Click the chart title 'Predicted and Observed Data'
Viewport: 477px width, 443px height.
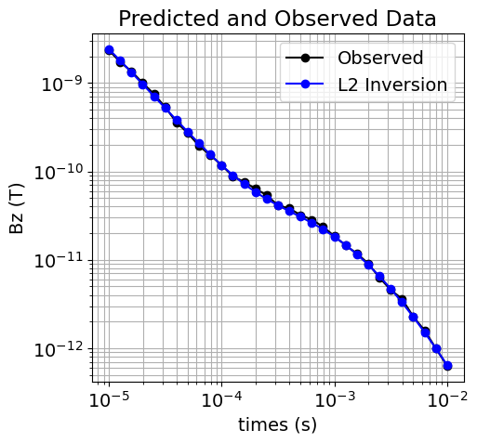[277, 19]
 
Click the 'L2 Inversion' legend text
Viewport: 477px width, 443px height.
[392, 86]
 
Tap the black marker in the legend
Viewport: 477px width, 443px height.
[305, 58]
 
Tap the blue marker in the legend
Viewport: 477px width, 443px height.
[305, 86]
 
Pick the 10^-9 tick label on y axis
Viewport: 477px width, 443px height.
[61, 84]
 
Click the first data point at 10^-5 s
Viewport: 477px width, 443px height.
[109, 50]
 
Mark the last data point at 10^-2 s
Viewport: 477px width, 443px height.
[447, 366]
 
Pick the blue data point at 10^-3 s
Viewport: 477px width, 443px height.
[335, 237]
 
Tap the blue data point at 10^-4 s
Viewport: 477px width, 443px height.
[221, 166]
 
